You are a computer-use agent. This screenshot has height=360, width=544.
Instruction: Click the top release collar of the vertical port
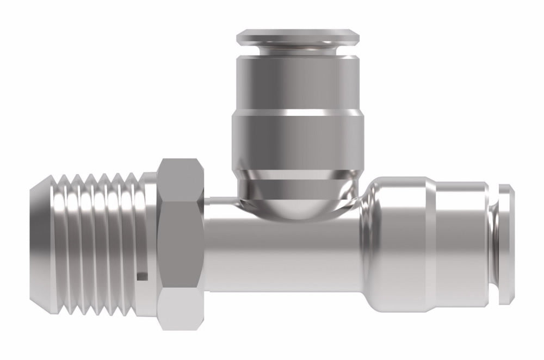(298, 37)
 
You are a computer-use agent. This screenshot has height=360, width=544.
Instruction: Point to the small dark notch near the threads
(143, 276)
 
